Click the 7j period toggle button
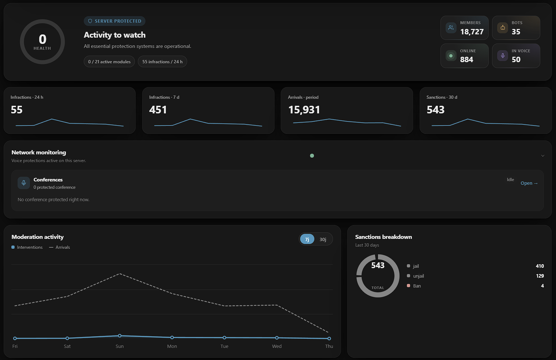(307, 239)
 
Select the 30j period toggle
(323, 239)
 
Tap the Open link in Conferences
(529, 183)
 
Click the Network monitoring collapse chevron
(542, 156)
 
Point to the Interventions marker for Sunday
(120, 335)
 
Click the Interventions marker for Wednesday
(277, 338)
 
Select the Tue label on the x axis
(224, 346)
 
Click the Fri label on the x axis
(15, 346)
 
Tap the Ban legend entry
(414, 286)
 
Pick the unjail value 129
(540, 276)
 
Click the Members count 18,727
(472, 31)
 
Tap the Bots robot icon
(503, 27)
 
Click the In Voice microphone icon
(503, 56)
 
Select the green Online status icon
(451, 56)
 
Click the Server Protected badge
(114, 21)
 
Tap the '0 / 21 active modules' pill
(109, 61)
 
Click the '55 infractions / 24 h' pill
(162, 61)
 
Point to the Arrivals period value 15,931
(304, 109)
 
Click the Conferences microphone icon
(24, 183)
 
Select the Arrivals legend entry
(60, 247)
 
